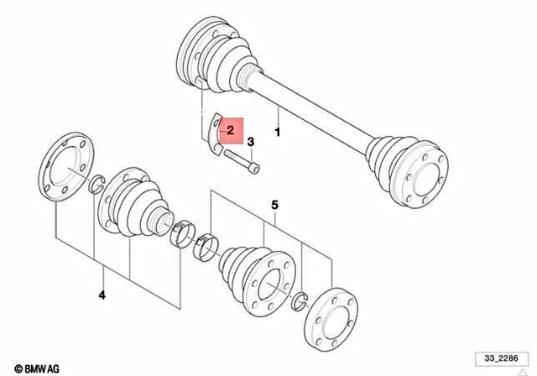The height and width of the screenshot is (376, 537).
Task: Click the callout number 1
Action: pos(279,132)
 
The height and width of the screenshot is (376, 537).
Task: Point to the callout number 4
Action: pos(102,294)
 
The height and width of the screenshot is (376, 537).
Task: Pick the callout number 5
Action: pos(273,204)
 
